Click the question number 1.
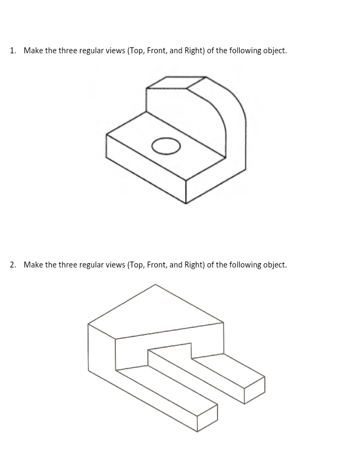tap(13, 51)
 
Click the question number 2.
tap(13, 265)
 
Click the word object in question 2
tap(273, 265)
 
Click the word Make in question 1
tap(33, 51)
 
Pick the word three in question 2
tap(67, 265)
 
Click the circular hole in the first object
tap(166, 146)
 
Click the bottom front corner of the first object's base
tap(186, 203)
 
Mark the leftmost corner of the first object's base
tap(107, 134)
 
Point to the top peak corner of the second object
tap(156, 284)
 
